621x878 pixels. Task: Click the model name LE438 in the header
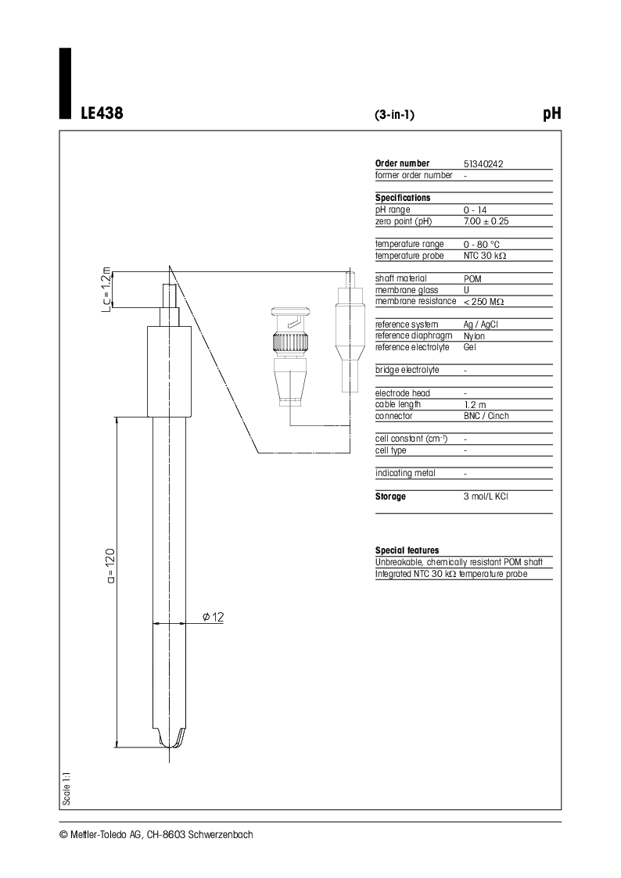102,113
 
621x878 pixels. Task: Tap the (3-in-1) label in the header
394,115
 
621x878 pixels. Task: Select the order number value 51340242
483,164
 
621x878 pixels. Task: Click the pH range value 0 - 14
475,210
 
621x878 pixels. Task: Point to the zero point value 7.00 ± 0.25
486,222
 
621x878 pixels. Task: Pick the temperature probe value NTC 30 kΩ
489,256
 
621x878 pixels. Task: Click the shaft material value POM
472,279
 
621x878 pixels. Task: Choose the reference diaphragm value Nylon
474,336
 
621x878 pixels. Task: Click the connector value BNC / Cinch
486,416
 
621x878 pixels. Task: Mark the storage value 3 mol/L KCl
486,496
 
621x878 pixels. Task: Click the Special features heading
407,550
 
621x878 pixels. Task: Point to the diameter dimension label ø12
213,618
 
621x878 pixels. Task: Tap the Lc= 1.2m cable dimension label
106,288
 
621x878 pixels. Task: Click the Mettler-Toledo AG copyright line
156,834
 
